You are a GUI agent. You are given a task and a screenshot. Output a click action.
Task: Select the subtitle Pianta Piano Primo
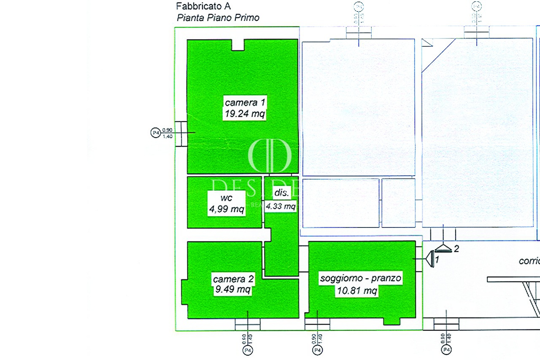click(218, 18)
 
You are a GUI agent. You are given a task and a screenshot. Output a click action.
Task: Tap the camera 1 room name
click(245, 102)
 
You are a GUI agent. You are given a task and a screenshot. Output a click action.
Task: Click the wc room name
click(227, 198)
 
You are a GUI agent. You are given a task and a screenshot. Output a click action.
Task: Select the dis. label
click(281, 193)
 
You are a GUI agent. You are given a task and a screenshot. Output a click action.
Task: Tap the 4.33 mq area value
click(281, 206)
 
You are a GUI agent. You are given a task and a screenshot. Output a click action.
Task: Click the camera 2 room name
click(233, 279)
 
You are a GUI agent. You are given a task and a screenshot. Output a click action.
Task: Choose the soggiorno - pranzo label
click(361, 278)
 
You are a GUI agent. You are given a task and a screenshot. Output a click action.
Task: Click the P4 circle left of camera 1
click(156, 133)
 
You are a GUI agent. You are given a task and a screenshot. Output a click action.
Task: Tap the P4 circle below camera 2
click(247, 350)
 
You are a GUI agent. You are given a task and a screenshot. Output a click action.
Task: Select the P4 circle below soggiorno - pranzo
click(317, 350)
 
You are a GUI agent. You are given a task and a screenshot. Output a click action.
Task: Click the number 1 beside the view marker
click(437, 260)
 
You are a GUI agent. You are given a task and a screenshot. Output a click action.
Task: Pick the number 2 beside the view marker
click(456, 249)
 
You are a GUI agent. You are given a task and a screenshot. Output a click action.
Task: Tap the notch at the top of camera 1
click(238, 45)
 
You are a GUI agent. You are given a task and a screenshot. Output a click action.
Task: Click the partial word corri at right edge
click(529, 261)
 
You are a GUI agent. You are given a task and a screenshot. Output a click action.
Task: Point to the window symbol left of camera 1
click(181, 133)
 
